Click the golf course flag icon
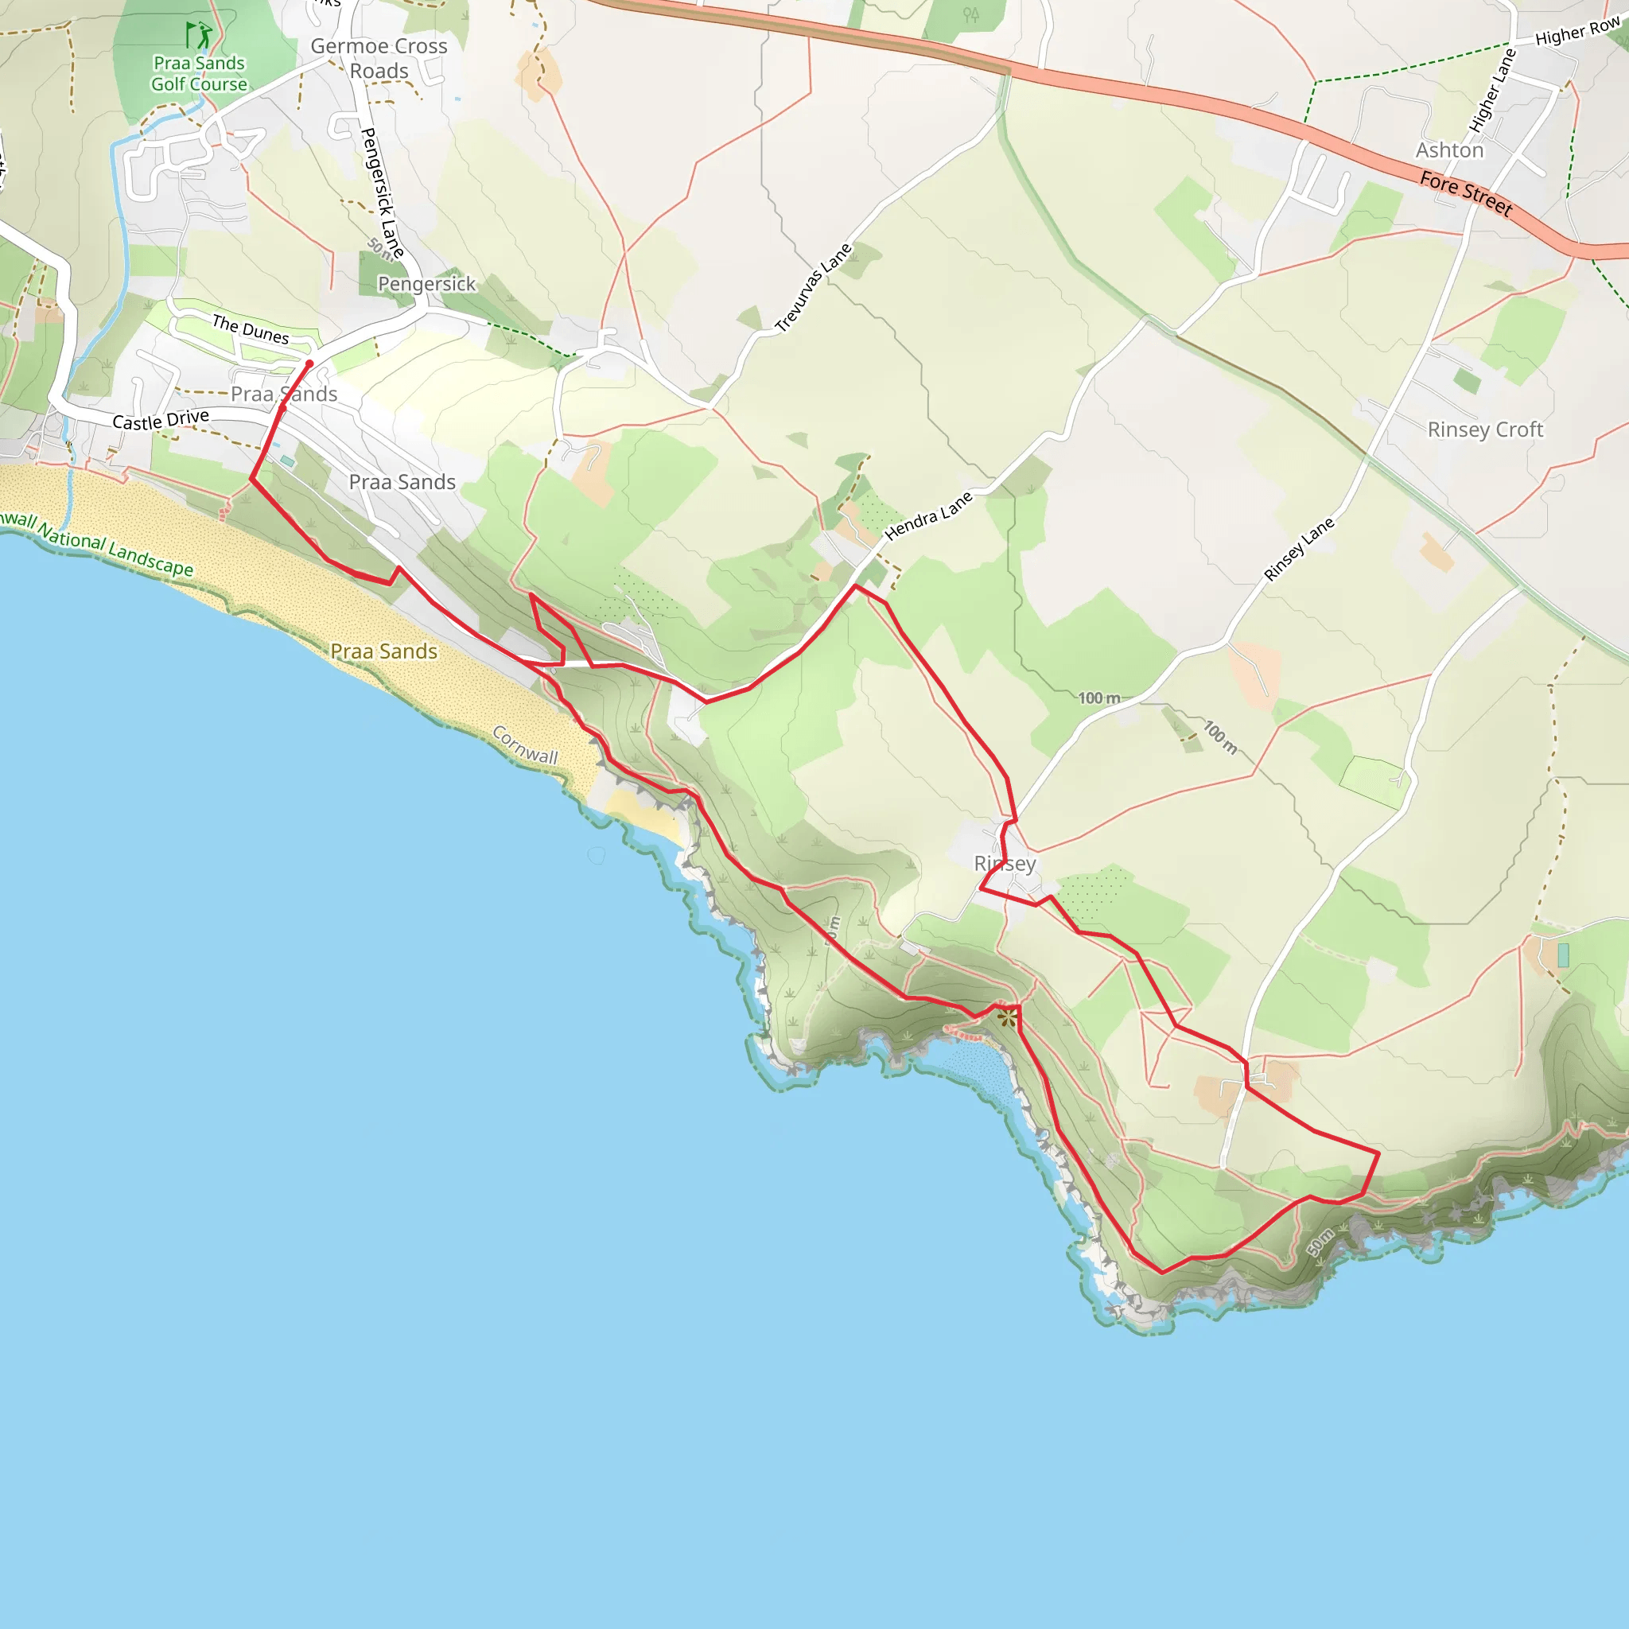tap(199, 36)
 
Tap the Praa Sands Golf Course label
tap(199, 73)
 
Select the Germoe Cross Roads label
tap(379, 58)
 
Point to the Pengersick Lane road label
tap(381, 192)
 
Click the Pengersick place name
tap(426, 284)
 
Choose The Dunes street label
tap(250, 329)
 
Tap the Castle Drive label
tap(160, 419)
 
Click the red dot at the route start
tap(309, 364)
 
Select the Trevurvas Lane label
tap(813, 287)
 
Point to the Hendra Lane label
tap(927, 515)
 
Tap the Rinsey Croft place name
tap(1485, 430)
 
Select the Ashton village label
tap(1449, 150)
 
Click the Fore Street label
tap(1465, 193)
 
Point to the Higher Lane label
tap(1492, 90)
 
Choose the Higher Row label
tap(1577, 31)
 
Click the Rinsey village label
tap(1005, 863)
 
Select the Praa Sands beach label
tap(383, 651)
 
